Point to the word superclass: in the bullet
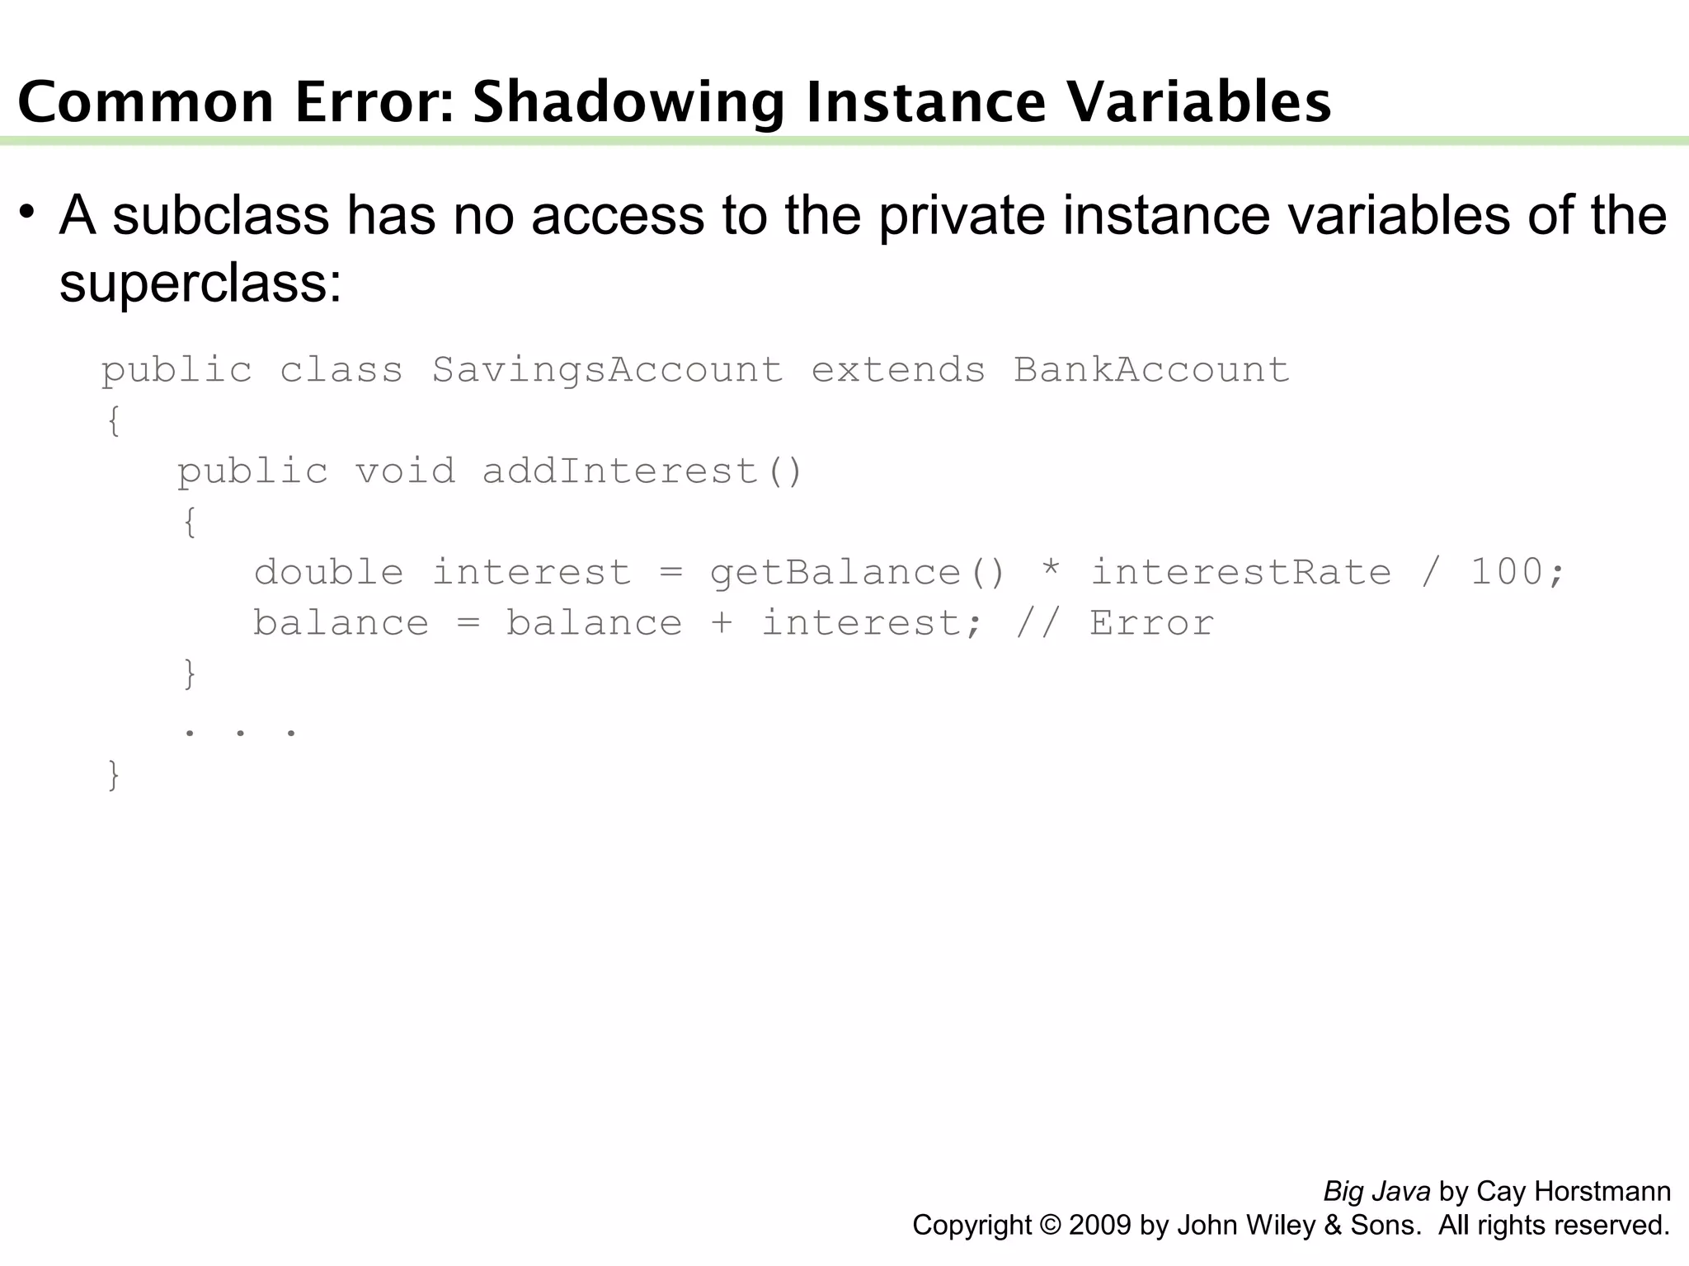pyautogui.click(x=200, y=283)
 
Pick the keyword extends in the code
pyautogui.click(x=898, y=370)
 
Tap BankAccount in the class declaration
pyautogui.click(x=1151, y=370)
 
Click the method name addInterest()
pyautogui.click(x=642, y=471)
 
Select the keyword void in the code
pyautogui.click(x=405, y=471)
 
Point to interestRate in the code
pyautogui.click(x=1240, y=572)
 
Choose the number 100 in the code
pyautogui.click(x=1507, y=572)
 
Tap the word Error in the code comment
pyautogui.click(x=1151, y=623)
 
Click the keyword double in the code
pyautogui.click(x=329, y=572)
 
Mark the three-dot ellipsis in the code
pyautogui.click(x=240, y=730)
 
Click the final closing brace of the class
pyautogui.click(x=114, y=776)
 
